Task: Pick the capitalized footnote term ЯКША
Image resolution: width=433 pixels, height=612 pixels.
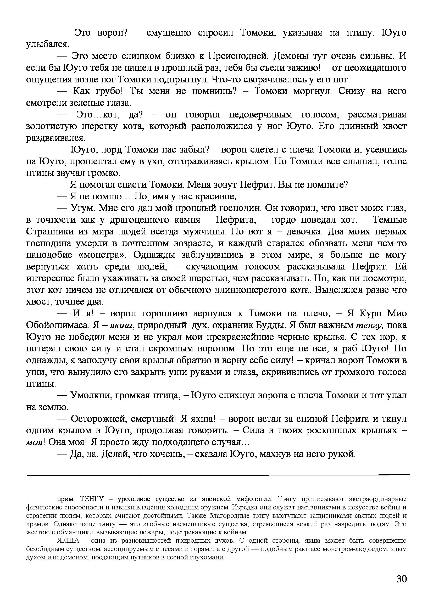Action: click(x=68, y=541)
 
